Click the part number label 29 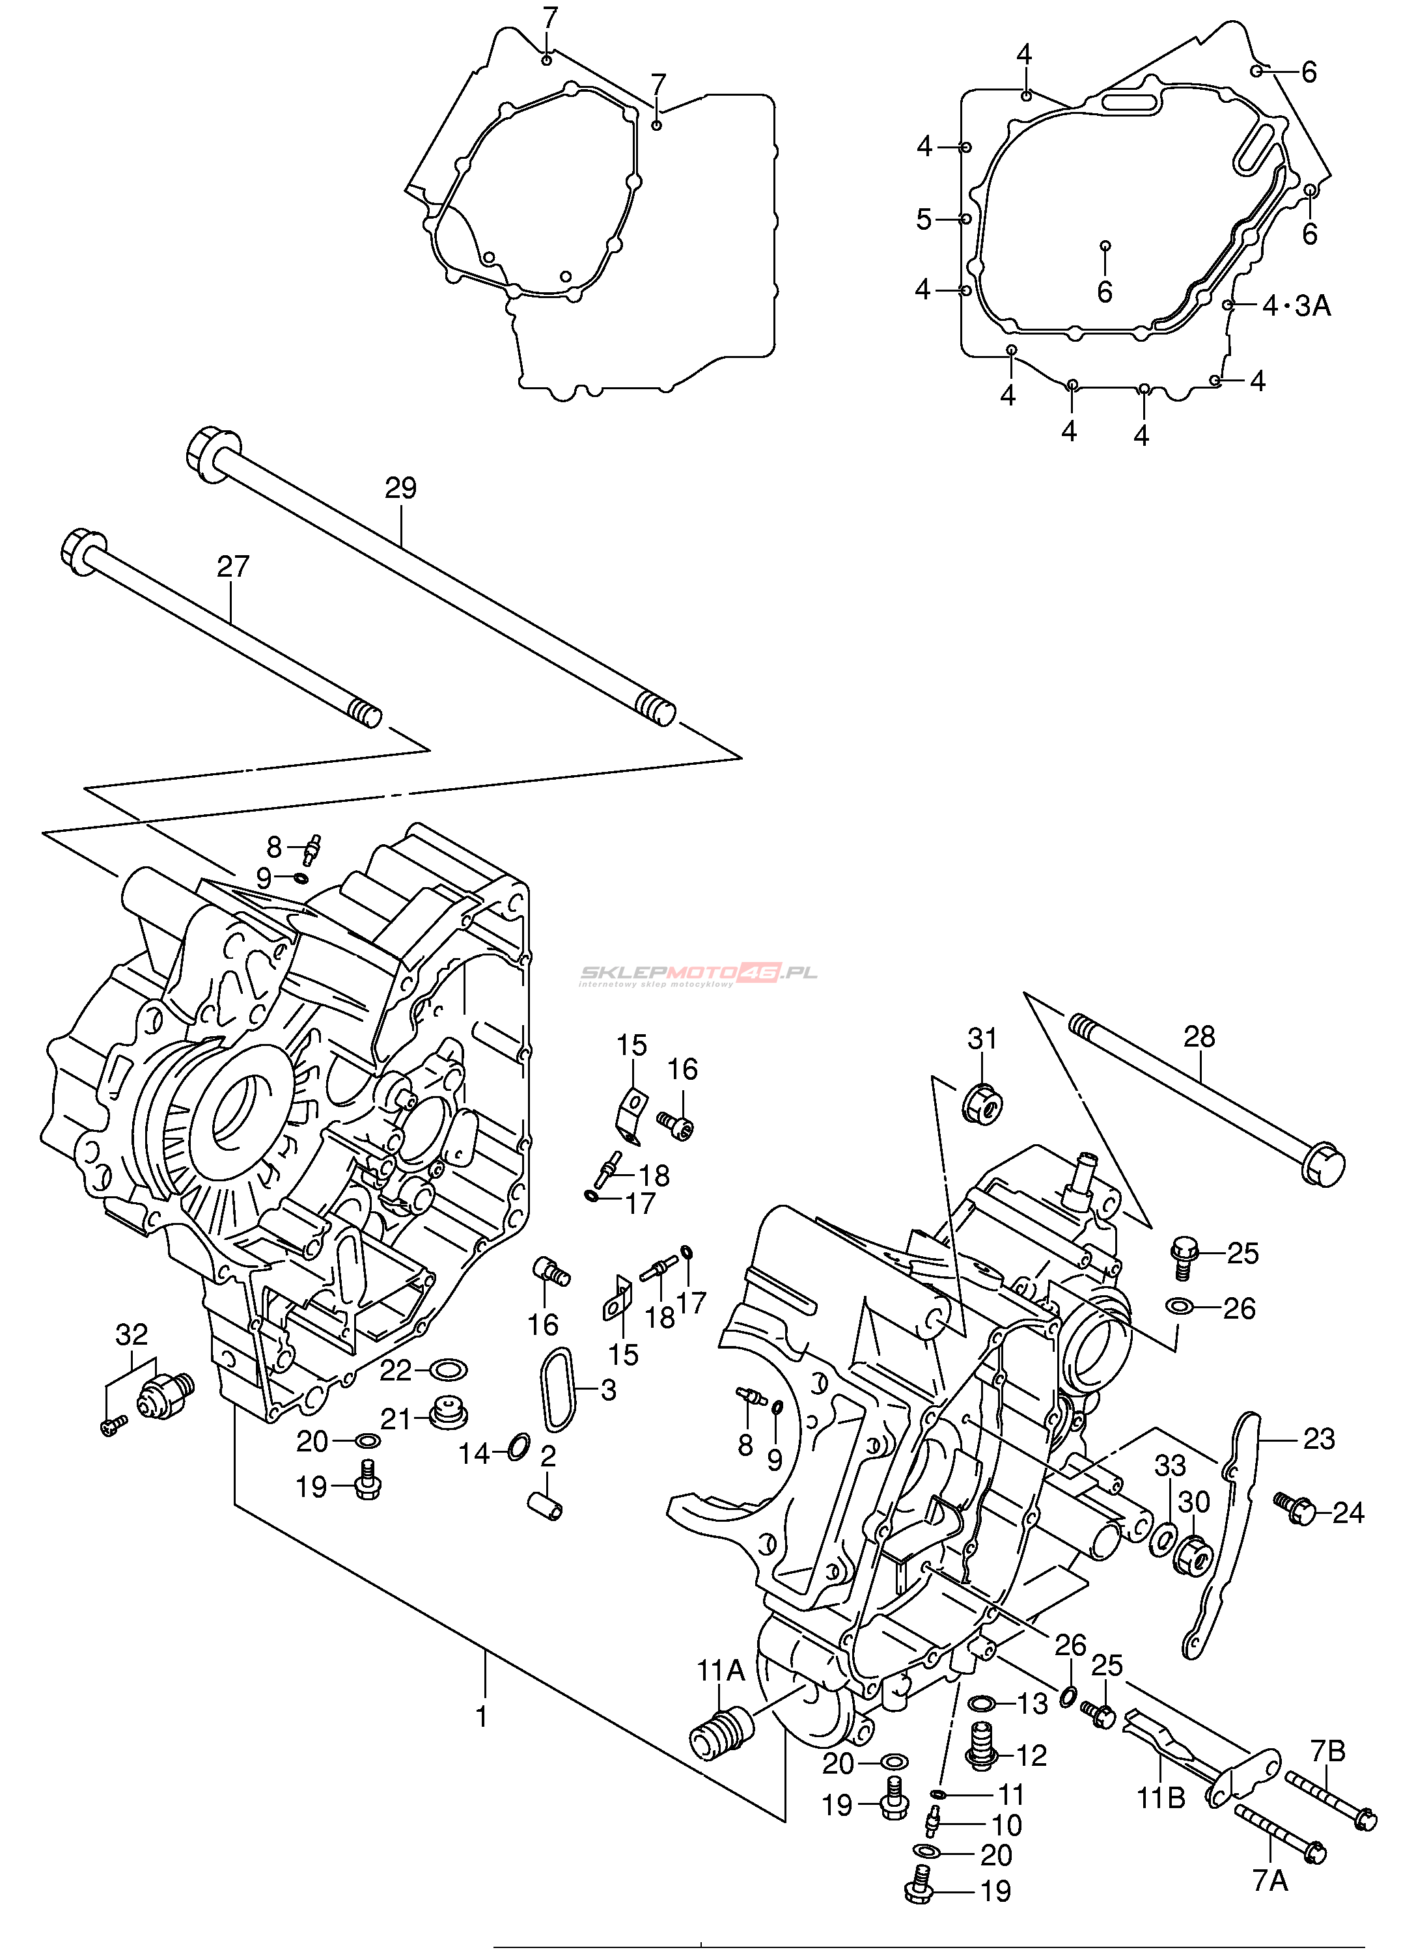point(401,487)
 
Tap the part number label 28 point(1199,1036)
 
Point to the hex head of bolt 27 point(83,551)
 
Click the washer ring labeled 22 point(447,1369)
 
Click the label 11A point(721,1669)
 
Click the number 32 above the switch point(132,1334)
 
